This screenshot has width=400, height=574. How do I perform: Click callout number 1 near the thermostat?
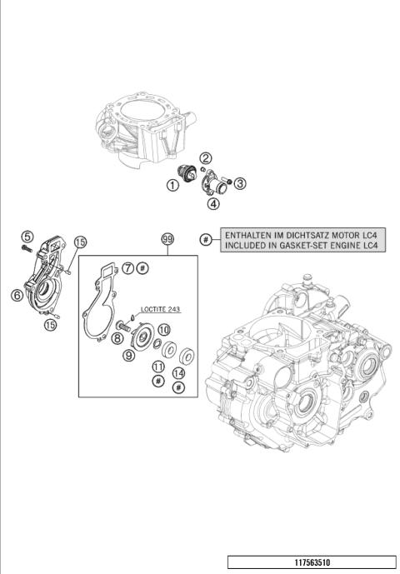point(172,186)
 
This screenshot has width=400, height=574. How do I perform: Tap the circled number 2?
point(205,158)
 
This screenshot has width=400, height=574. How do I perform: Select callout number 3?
point(239,183)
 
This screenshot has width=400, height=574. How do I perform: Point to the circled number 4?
point(213,203)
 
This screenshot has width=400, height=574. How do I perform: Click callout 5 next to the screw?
point(27,237)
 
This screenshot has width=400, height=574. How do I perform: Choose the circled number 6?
point(17,294)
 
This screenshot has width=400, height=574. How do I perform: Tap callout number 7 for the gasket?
point(127,267)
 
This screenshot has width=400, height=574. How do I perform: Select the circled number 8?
point(117,338)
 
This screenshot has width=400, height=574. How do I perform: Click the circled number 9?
point(129,355)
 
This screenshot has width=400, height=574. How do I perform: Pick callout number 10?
point(164,330)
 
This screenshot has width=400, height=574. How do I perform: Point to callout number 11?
point(157,367)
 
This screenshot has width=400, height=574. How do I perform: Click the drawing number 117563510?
point(313,562)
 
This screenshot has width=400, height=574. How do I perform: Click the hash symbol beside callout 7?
point(142,267)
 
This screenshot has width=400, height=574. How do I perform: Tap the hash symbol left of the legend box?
point(206,240)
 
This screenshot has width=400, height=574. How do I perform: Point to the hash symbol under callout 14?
point(178,388)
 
